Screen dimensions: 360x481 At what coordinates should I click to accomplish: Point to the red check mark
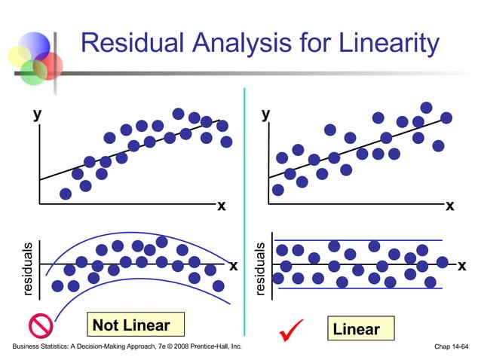click(291, 329)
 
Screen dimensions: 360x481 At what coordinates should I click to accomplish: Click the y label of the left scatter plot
click(35, 114)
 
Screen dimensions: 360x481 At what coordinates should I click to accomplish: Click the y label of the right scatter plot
click(265, 114)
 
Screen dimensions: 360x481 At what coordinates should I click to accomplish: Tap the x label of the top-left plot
click(222, 206)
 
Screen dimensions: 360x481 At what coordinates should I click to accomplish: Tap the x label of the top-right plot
click(450, 206)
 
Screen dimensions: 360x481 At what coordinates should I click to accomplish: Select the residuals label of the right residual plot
click(260, 268)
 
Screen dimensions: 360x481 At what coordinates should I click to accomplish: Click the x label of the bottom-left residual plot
click(234, 265)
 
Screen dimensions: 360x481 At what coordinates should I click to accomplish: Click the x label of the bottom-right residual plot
click(461, 265)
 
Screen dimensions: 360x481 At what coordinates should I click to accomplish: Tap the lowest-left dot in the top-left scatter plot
click(66, 194)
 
